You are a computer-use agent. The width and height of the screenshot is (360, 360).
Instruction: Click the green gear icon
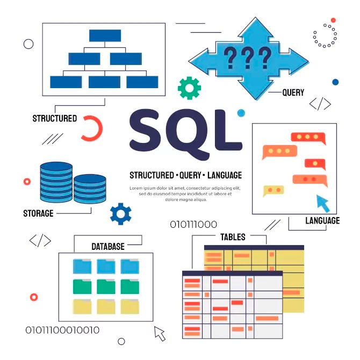click(x=189, y=88)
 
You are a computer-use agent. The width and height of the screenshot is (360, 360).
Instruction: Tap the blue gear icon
click(x=120, y=213)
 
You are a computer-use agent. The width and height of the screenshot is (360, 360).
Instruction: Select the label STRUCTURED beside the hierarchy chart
click(x=54, y=118)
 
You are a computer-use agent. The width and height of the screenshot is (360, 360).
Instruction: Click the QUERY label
click(x=293, y=92)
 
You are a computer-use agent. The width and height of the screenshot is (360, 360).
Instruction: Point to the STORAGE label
click(x=38, y=213)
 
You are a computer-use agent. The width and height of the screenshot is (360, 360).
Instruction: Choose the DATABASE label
click(x=107, y=247)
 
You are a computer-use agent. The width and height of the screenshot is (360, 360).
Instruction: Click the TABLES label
click(x=233, y=237)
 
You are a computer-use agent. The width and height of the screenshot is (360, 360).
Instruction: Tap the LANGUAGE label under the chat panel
click(x=322, y=221)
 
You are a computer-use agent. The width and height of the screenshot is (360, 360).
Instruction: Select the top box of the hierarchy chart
click(x=105, y=35)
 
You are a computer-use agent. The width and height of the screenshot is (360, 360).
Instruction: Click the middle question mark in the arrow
click(x=248, y=57)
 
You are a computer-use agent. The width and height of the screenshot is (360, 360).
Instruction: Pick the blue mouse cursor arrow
click(x=322, y=204)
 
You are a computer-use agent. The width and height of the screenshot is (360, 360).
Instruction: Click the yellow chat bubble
click(x=273, y=190)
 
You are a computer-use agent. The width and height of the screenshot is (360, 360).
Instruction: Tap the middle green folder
click(x=106, y=286)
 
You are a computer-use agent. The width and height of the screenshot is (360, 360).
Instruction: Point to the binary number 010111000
click(x=193, y=225)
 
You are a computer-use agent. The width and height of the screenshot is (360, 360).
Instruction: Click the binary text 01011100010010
click(x=62, y=330)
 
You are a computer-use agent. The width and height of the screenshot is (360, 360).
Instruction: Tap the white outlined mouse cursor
click(x=160, y=333)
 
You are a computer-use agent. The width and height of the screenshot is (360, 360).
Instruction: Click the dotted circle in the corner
click(x=325, y=35)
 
